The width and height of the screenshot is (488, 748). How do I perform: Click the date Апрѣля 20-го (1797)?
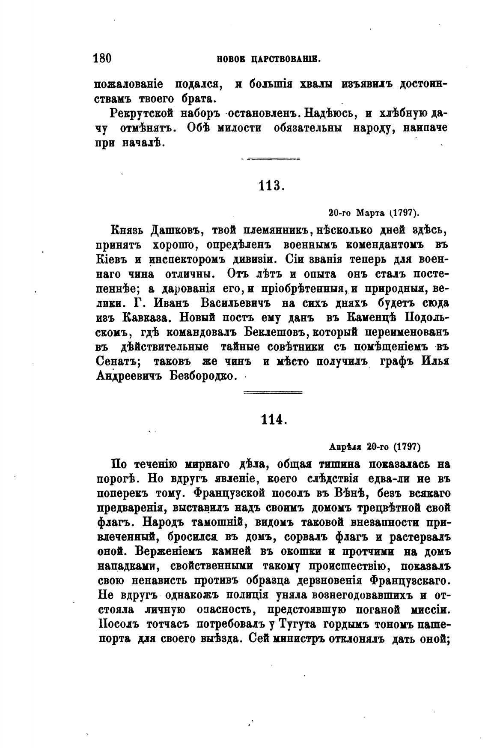(x=375, y=447)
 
